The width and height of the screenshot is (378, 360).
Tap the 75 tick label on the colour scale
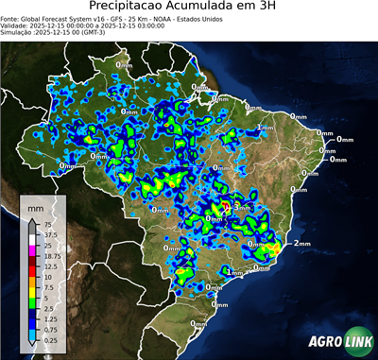[x=48, y=225]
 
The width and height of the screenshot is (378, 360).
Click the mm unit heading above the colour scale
[x=36, y=205]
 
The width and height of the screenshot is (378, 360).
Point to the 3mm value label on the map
[x=242, y=207]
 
